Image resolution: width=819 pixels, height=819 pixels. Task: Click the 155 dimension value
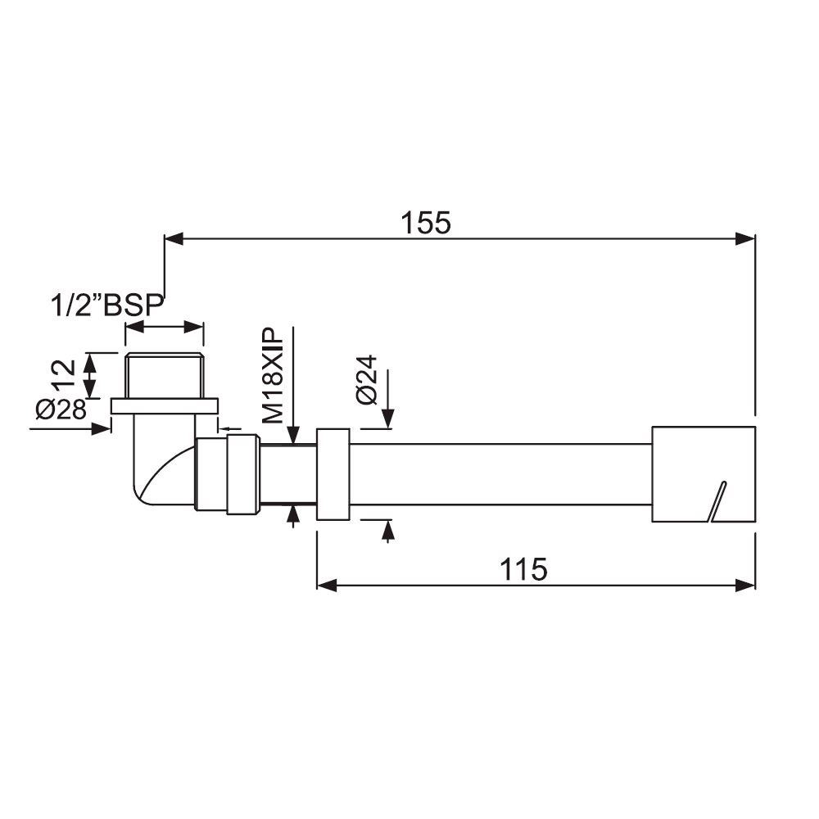click(x=426, y=222)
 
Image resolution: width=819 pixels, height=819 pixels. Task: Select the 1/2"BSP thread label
click(x=106, y=306)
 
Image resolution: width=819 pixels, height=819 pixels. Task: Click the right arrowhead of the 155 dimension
click(x=745, y=239)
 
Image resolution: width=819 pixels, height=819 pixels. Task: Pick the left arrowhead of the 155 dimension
click(x=174, y=239)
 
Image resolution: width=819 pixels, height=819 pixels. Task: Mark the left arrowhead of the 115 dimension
click(x=326, y=585)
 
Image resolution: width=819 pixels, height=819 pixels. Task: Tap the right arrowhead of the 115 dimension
click(x=745, y=585)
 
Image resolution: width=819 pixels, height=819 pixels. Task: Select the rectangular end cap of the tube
click(x=702, y=473)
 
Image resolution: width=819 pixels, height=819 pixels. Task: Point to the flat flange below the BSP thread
click(x=165, y=405)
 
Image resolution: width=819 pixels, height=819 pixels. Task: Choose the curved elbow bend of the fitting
click(x=152, y=475)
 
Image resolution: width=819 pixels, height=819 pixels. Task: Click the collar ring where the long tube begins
click(x=333, y=473)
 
